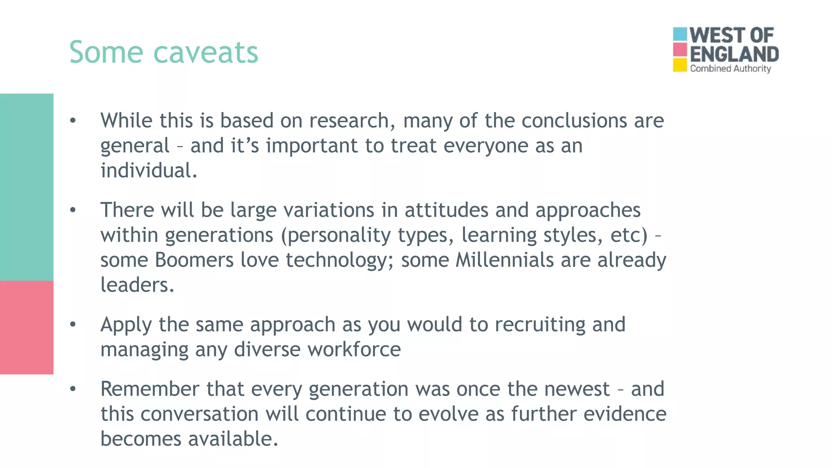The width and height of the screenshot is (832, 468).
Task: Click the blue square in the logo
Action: click(680, 34)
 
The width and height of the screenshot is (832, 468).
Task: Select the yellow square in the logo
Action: click(680, 65)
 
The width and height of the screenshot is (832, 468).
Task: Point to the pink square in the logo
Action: click(680, 50)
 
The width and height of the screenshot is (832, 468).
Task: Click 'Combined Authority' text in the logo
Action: click(730, 69)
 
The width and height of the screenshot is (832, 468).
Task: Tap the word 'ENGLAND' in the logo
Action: click(734, 54)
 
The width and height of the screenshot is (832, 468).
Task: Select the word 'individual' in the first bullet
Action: click(146, 171)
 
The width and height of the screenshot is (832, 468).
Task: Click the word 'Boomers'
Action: click(194, 260)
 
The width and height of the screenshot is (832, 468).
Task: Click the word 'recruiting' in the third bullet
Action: click(539, 325)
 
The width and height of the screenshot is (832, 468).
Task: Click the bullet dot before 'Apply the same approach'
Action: click(73, 325)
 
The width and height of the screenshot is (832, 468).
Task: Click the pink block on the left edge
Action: click(26, 327)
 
